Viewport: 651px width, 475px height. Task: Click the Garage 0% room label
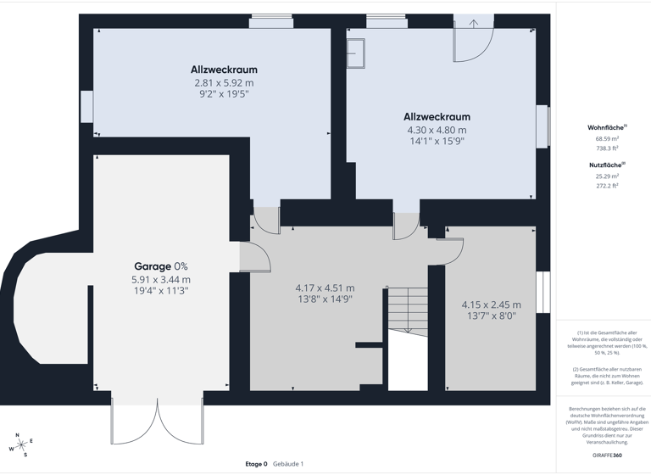click(161, 266)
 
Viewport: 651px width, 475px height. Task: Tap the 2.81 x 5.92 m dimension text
click(224, 83)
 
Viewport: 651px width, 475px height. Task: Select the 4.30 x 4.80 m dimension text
click(437, 130)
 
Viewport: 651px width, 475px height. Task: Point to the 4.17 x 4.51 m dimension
click(325, 288)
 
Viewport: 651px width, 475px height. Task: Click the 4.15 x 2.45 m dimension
click(491, 305)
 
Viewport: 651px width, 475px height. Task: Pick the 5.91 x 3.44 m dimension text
click(161, 279)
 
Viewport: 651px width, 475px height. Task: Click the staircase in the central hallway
click(408, 310)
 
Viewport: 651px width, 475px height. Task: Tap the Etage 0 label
click(256, 464)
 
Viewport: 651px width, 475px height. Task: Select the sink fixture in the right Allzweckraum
click(355, 53)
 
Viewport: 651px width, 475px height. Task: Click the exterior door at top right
click(473, 40)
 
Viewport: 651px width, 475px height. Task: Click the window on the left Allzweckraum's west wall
click(86, 107)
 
